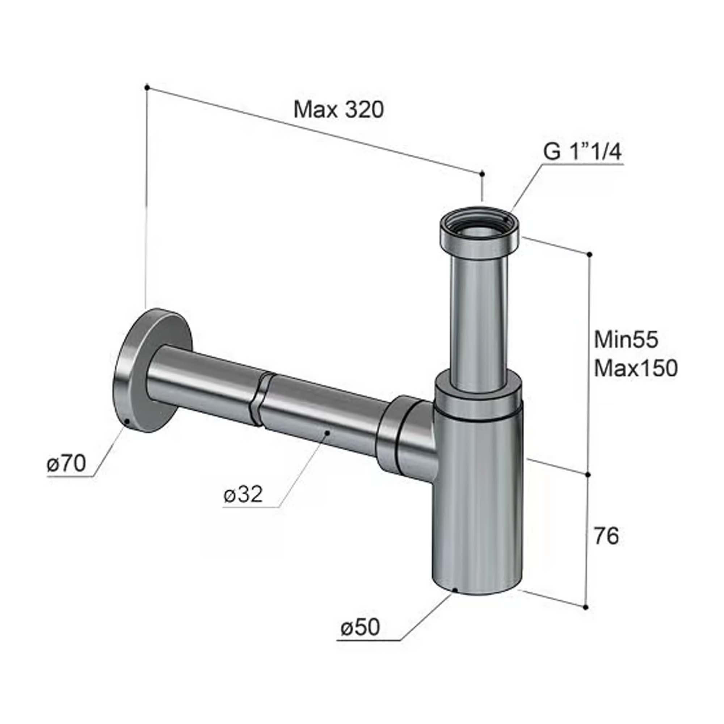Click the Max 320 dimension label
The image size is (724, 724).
(339, 110)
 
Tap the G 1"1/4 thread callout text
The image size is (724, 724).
(582, 153)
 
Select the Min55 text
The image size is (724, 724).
(626, 340)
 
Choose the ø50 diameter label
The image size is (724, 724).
(360, 627)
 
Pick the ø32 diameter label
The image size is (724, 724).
(243, 494)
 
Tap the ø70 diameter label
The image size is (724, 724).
(67, 464)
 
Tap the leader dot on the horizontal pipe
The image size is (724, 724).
(328, 433)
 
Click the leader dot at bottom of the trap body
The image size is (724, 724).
(455, 590)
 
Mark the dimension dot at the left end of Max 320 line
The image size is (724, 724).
(147, 87)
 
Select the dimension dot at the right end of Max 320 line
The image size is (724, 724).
(482, 174)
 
